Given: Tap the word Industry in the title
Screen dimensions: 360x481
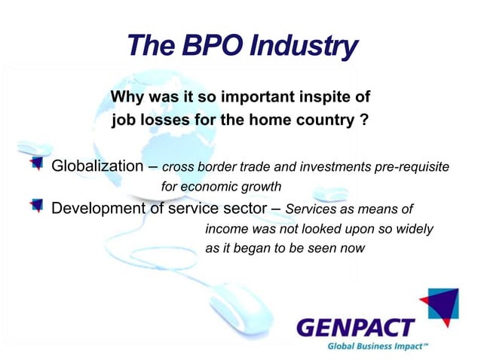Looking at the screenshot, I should pyautogui.click(x=305, y=47).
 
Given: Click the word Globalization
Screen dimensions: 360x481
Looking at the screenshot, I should pyautogui.click(x=96, y=166).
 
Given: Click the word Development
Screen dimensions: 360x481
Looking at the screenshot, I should pyautogui.click(x=101, y=209).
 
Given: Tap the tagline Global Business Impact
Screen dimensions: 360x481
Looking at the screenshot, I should pyautogui.click(x=377, y=346).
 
